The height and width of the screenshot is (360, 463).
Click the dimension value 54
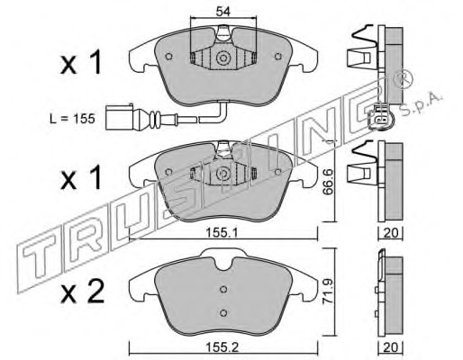click(x=222, y=12)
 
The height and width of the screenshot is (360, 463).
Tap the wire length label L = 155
click(x=72, y=119)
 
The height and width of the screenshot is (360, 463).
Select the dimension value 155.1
click(x=222, y=232)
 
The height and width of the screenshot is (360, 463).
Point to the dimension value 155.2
click(x=222, y=347)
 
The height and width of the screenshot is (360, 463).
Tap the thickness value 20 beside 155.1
click(x=391, y=232)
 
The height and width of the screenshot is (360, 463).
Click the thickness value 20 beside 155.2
click(x=391, y=347)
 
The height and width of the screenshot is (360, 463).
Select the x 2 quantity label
click(x=82, y=291)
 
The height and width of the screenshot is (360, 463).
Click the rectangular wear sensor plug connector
click(x=119, y=117)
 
